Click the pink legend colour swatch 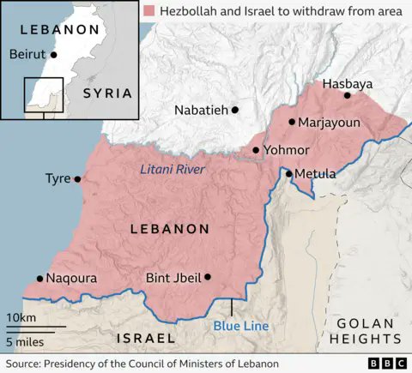151,11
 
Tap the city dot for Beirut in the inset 54,54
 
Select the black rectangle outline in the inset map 43,93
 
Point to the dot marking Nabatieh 234,110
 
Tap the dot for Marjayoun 292,123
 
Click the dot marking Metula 289,174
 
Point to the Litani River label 173,170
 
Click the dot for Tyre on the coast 77,179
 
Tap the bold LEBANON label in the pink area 169,229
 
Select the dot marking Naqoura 39,279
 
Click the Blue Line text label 241,326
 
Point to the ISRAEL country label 147,338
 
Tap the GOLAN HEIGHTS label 364,331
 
